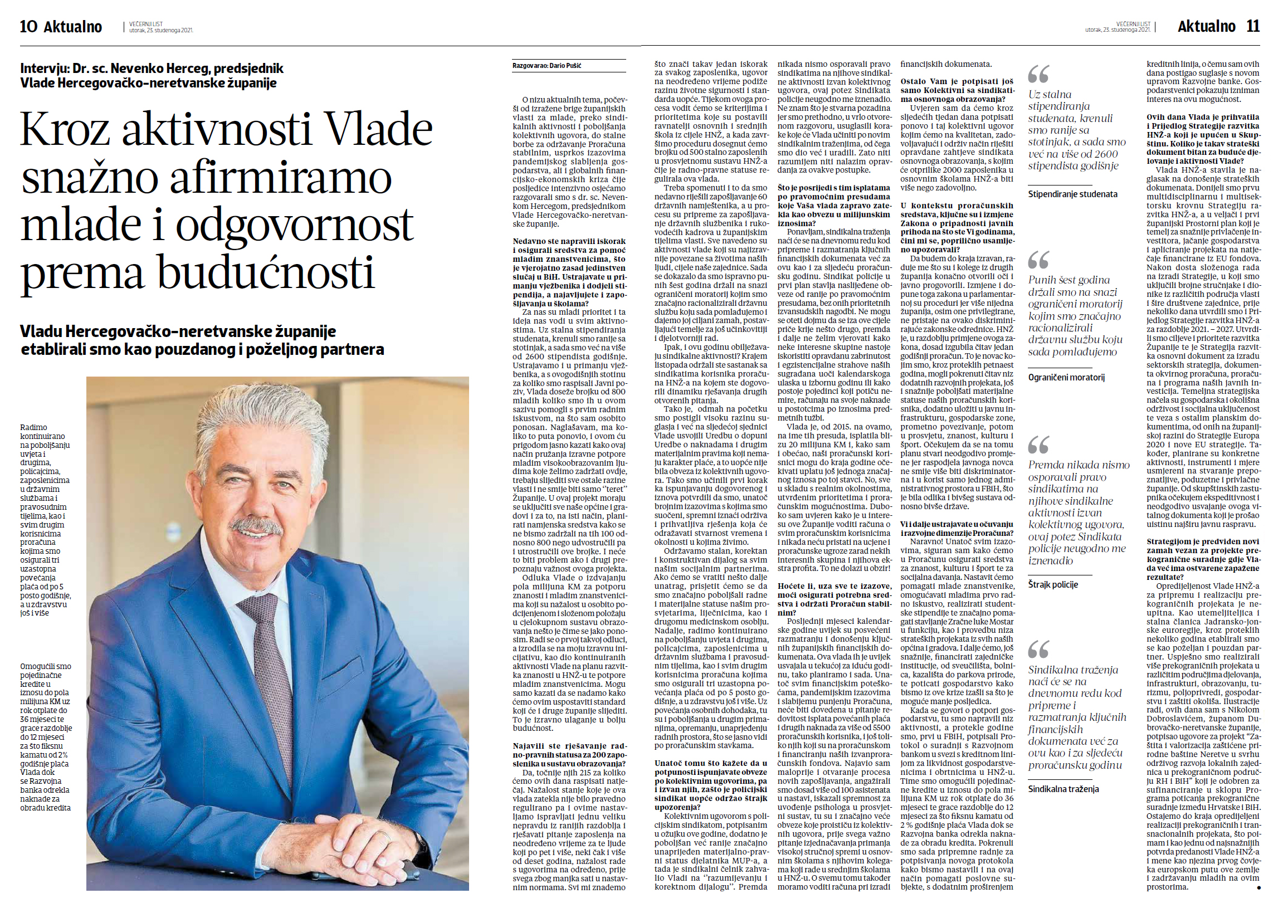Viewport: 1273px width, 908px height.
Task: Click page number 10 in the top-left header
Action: coord(28,26)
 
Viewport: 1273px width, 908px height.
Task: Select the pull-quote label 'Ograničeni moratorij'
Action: coord(1066,377)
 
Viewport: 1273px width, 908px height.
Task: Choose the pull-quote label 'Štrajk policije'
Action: coord(1053,584)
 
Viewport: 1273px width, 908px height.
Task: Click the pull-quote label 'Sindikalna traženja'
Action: coord(1064,789)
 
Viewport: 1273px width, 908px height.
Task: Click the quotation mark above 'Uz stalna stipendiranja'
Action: coord(1038,74)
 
